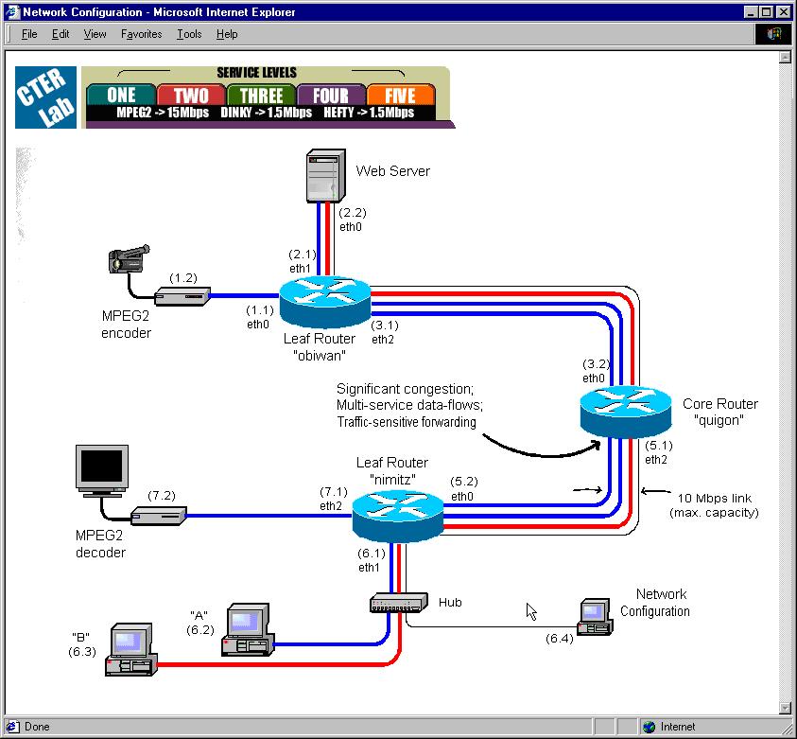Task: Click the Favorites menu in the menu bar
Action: point(141,34)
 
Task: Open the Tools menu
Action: point(189,34)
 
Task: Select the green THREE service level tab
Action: point(261,96)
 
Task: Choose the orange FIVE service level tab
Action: point(400,96)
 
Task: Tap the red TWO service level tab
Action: point(191,96)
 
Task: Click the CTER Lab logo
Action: point(42,97)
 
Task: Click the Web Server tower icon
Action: point(322,175)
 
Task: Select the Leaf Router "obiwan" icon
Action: point(322,302)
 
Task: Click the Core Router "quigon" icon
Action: point(624,408)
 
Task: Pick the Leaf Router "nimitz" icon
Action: point(397,517)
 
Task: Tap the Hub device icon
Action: point(398,602)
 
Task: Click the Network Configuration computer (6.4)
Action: point(595,616)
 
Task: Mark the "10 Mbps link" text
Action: point(715,498)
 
